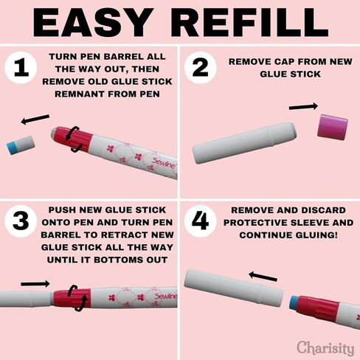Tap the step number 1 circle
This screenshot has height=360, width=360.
21,67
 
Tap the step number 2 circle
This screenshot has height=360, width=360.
200,67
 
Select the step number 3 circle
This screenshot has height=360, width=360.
21,221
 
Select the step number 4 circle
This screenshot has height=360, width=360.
200,221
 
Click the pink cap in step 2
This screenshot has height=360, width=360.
333,127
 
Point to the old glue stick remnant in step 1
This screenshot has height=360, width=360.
21,145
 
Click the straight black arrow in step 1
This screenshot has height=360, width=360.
35,120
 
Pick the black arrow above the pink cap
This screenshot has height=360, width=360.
303,107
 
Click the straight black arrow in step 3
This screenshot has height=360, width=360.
35,284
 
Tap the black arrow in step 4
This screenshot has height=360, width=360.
263,276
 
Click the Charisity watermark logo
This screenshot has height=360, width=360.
325,348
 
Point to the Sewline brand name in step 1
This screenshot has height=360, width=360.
164,163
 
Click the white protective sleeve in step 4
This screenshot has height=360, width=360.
234,288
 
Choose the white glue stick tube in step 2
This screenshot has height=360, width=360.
244,143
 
